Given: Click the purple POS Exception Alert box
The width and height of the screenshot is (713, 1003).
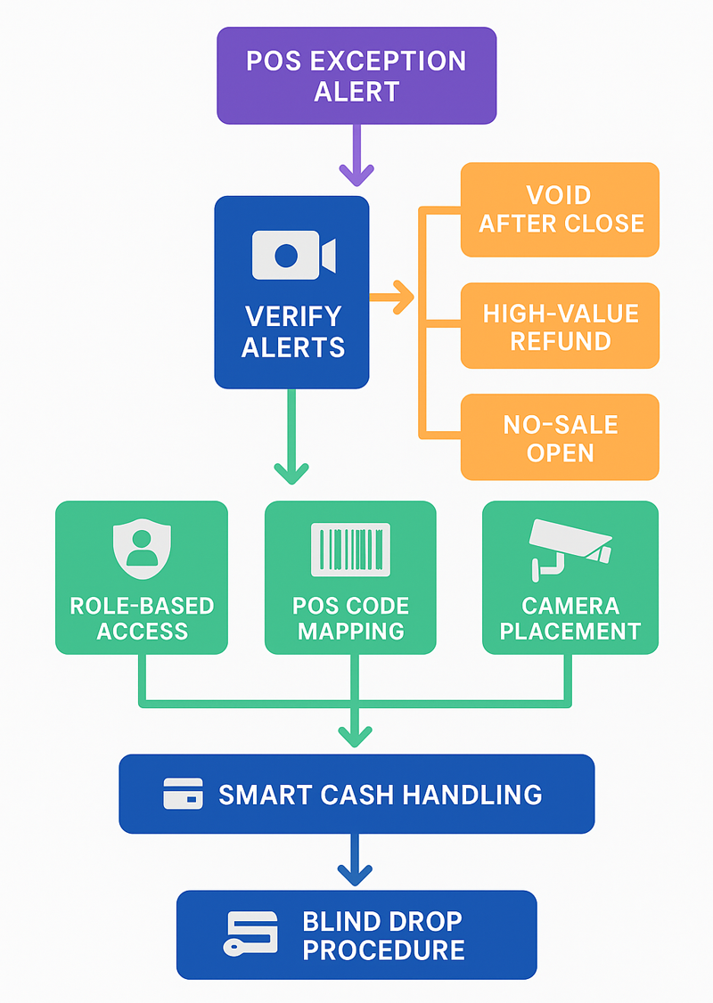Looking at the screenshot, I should click(356, 75).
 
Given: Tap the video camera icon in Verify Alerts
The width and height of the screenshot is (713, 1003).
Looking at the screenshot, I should click(292, 255).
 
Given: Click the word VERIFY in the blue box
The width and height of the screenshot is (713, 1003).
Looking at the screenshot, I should click(292, 316).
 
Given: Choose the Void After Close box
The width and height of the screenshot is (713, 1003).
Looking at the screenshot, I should click(560, 209).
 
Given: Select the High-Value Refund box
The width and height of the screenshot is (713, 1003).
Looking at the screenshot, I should click(560, 326).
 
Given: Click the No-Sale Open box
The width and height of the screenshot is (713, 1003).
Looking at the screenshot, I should click(560, 438).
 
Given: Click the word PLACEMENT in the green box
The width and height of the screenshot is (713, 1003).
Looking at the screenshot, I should click(570, 632).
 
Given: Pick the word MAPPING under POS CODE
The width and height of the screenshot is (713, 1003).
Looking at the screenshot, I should click(350, 632).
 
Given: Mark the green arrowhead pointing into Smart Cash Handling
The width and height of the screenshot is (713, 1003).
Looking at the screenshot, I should click(355, 734).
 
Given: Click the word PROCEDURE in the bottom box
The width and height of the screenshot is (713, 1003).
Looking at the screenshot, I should click(383, 950).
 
